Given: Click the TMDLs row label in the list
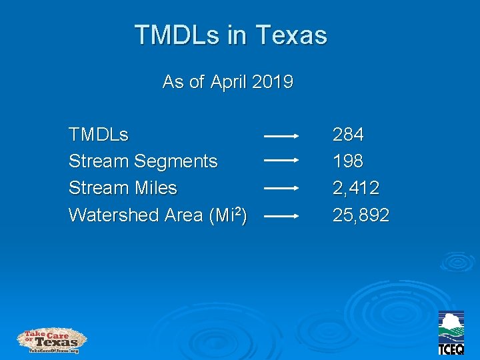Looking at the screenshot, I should pyautogui.click(x=99, y=135).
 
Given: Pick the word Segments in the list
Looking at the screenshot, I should pyautogui.click(x=176, y=161).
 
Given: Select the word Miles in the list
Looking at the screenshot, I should pyautogui.click(x=155, y=188).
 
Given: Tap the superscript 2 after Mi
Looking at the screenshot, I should pyautogui.click(x=237, y=211).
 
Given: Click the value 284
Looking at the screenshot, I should pyautogui.click(x=348, y=135).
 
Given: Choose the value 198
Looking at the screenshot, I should pyautogui.click(x=348, y=161).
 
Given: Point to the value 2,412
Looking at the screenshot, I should pyautogui.click(x=356, y=189).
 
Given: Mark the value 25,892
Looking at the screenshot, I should pyautogui.click(x=361, y=215).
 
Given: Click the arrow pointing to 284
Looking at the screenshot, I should pyautogui.click(x=281, y=135).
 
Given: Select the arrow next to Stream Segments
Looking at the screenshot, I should pyautogui.click(x=281, y=160).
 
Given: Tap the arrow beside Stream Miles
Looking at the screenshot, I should pyautogui.click(x=281, y=188).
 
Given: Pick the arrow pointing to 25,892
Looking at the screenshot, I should pyautogui.click(x=281, y=216).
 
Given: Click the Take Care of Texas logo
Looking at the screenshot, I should pyautogui.click(x=51, y=341).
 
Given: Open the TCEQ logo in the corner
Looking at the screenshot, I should pyautogui.click(x=451, y=333).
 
